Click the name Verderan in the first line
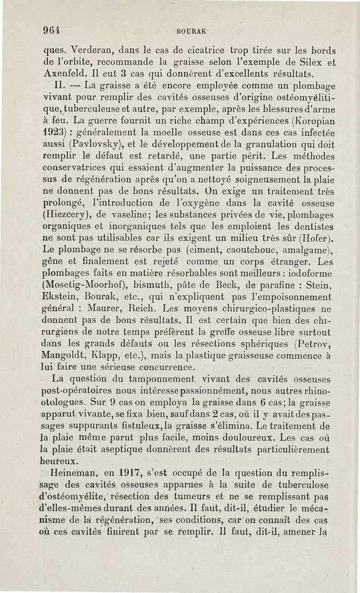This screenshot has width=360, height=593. click(90, 51)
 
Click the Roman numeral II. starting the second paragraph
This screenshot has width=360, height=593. click(59, 84)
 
